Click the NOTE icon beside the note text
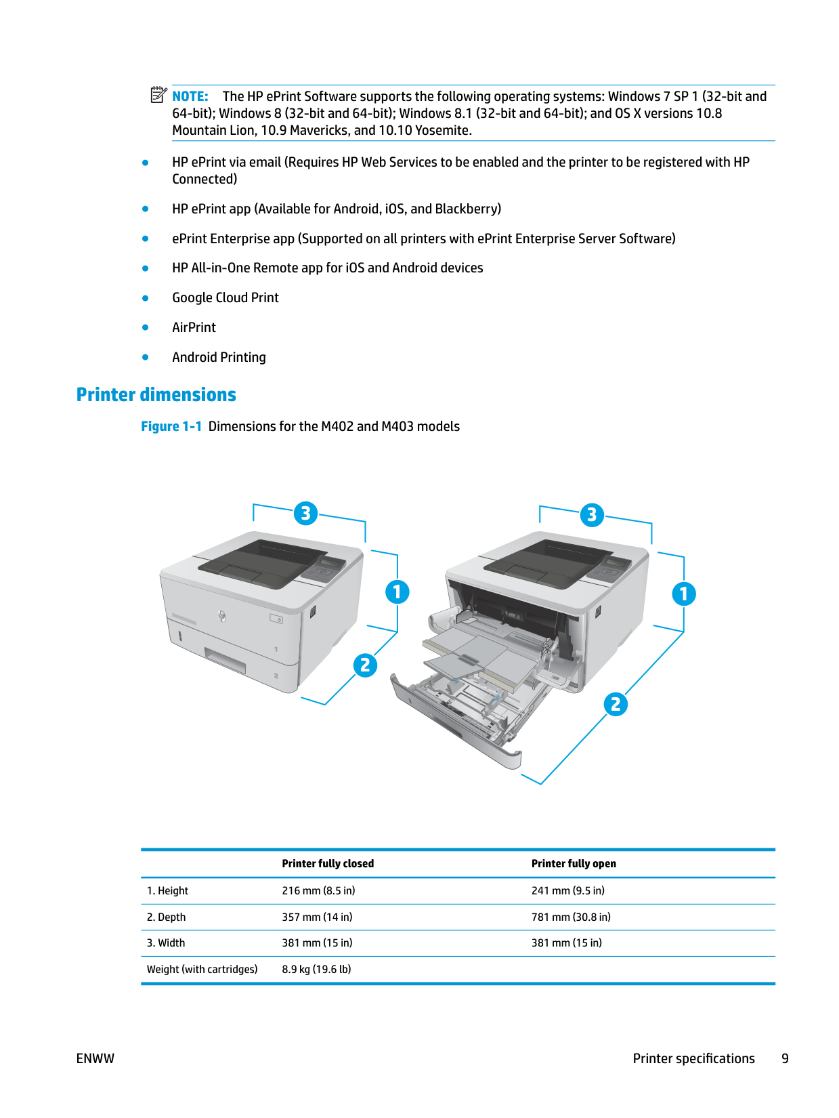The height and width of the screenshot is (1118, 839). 158,95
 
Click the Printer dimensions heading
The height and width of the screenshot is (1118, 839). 156,394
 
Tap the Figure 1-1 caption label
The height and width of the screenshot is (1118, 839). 171,426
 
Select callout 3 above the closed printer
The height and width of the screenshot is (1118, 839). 305,513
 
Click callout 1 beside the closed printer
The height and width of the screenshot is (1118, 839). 397,592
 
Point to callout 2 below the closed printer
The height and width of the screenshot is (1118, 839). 365,665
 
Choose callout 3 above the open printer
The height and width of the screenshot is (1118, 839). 592,515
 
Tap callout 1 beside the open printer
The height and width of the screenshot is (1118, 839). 683,594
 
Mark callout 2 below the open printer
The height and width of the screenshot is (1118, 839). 615,704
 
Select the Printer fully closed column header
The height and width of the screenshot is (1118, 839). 328,863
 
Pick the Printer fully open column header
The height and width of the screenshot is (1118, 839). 574,863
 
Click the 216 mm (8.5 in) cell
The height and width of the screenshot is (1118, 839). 318,890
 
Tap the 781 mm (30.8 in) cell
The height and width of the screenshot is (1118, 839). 571,917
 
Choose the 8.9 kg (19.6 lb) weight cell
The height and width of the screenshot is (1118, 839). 316,969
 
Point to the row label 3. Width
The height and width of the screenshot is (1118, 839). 166,943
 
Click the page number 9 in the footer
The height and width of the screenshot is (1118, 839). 785,1058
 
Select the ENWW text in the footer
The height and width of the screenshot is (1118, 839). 95,1058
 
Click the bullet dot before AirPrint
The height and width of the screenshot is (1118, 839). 146,327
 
